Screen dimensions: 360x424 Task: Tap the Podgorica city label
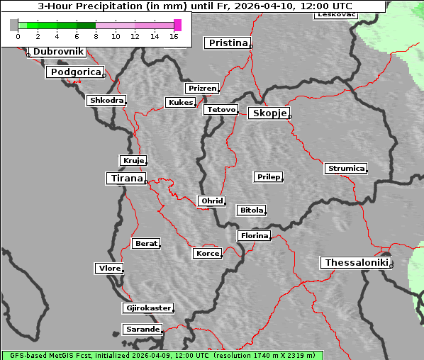75,72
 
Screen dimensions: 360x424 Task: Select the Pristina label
228,43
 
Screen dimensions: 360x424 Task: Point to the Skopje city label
269,113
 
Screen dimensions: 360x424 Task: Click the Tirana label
125,178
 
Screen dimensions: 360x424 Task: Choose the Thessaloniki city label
356,263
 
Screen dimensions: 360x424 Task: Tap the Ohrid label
211,201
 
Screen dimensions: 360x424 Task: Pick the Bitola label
251,210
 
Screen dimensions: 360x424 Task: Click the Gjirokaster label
147,308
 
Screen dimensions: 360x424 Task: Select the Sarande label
142,330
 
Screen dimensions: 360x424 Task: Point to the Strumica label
346,169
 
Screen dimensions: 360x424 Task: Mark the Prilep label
268,176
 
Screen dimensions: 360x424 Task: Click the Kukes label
180,103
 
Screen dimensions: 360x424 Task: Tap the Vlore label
108,269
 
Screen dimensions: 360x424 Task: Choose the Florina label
254,235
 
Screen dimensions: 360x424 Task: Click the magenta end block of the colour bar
177,25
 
